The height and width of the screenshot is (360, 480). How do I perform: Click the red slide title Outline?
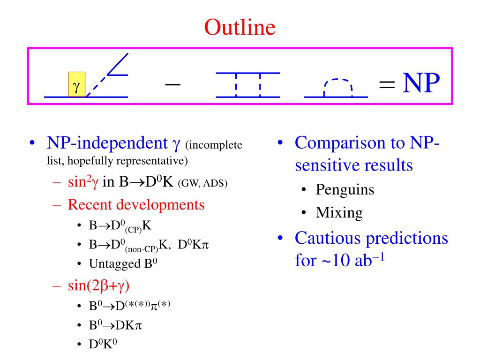[x=240, y=27]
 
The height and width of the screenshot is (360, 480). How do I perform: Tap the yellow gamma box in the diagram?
[x=76, y=84]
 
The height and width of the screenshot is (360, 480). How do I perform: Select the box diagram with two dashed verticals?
[x=247, y=85]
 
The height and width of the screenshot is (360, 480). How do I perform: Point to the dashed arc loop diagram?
[x=336, y=88]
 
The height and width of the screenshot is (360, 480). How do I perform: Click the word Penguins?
[x=345, y=189]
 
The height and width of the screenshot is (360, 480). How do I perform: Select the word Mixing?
[x=339, y=212]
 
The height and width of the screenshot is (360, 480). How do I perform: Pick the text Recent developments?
[x=136, y=204]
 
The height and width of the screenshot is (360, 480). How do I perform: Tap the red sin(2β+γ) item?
[x=98, y=285]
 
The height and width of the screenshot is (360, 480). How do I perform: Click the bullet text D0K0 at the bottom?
[x=103, y=345]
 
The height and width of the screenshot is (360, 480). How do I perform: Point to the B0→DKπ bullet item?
[x=115, y=325]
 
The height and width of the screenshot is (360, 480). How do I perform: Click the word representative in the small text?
[x=150, y=161]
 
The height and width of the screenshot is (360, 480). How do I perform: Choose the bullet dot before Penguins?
[x=305, y=190]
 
